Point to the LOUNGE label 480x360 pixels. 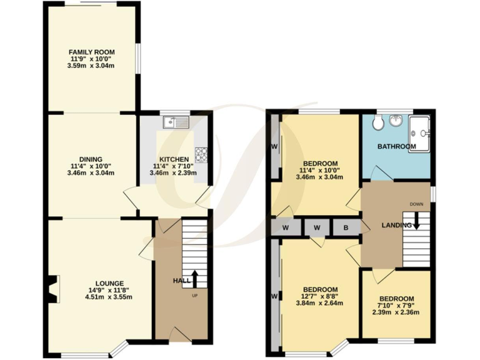coord(110,283)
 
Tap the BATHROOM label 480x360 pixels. coord(396,147)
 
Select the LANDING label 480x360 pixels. coord(397,225)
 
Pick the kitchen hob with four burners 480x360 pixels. coord(202,154)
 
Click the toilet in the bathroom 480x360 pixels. coord(377,123)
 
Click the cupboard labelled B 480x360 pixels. coord(346,226)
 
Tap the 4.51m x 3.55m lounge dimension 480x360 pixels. coord(110,297)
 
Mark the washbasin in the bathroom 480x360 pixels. coord(396,120)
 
